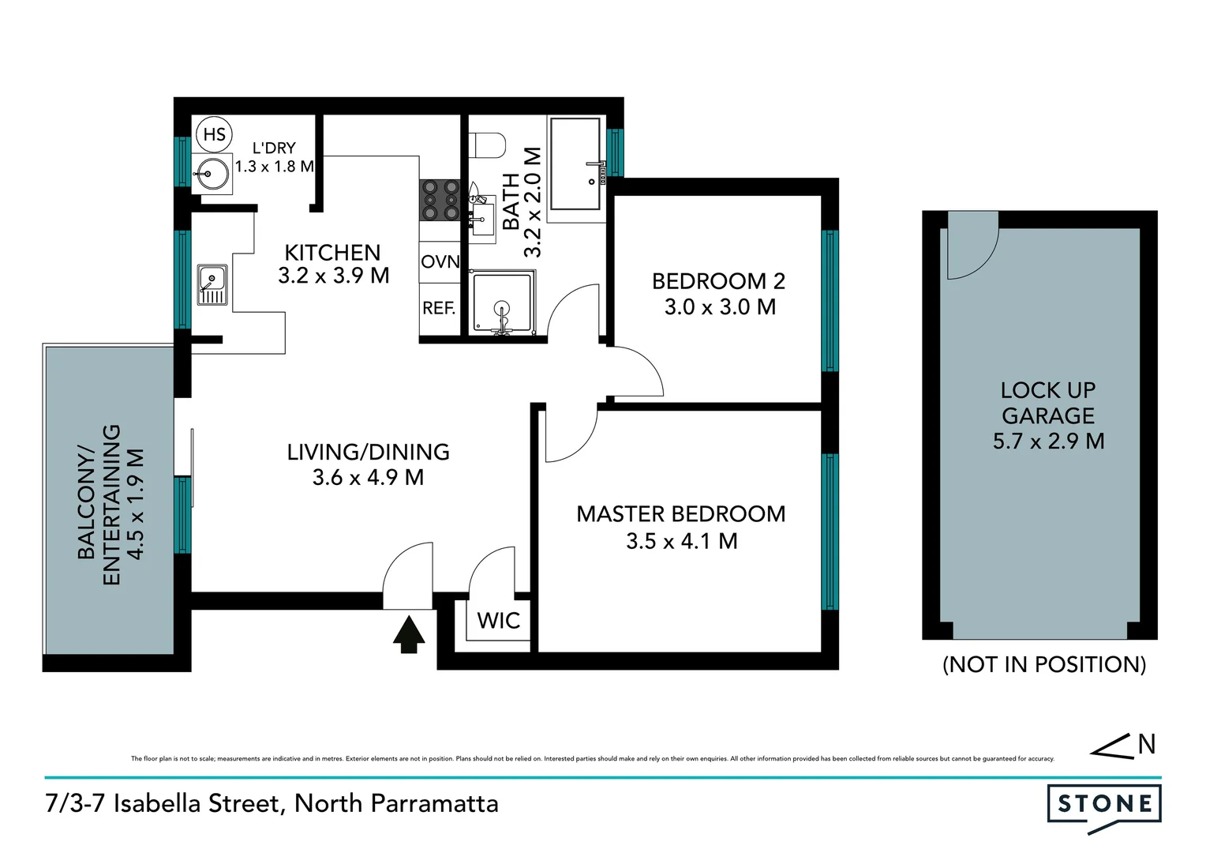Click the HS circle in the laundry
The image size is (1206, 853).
pos(214,134)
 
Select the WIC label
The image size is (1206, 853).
pos(498,621)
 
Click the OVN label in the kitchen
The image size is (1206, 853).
pos(440,261)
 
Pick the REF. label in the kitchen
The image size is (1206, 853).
pos(439,308)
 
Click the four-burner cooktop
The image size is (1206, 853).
pos(440,200)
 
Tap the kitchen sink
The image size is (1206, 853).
pos(212,285)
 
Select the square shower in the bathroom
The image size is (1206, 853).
pos(502,302)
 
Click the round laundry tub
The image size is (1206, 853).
pos(212,173)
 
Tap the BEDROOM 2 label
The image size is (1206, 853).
pos(718,281)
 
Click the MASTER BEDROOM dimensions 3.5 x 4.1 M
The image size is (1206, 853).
pos(681,541)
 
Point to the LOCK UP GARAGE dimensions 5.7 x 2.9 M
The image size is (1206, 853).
pos(1048,441)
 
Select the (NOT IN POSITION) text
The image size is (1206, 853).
pos(1043,664)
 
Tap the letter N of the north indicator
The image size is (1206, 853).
pos(1147,744)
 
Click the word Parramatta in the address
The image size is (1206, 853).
pos(434,803)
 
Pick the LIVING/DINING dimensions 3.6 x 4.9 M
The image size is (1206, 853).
pos(368,477)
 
